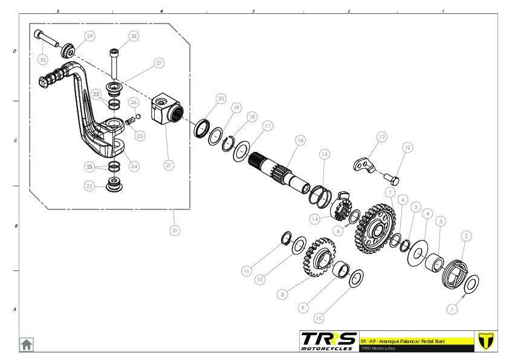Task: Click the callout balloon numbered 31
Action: click(x=175, y=230)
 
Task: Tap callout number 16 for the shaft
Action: click(x=300, y=140)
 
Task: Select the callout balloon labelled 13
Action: click(x=381, y=137)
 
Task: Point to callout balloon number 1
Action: click(x=450, y=308)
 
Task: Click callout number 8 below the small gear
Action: click(x=282, y=295)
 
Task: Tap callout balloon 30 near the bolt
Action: click(x=42, y=60)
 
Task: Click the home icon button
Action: click(x=27, y=344)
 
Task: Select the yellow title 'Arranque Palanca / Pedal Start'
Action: click(x=403, y=341)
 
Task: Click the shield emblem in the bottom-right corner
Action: click(x=486, y=341)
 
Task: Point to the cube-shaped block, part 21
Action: click(x=167, y=110)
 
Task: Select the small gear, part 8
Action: click(x=319, y=258)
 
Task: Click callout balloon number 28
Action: click(x=133, y=36)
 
